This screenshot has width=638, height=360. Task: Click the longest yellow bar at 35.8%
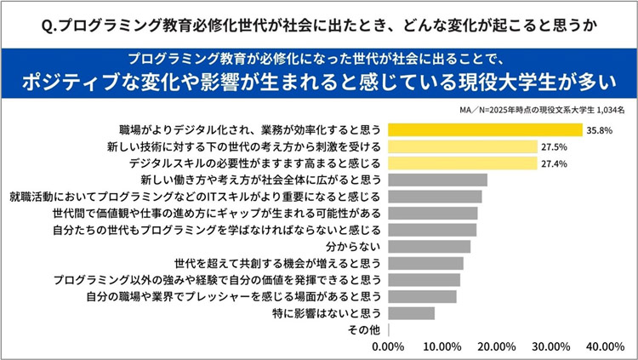485,130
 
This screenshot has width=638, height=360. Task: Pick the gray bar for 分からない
429,247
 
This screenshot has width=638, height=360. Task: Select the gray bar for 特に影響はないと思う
411,313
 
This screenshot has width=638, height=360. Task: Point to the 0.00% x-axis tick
390,346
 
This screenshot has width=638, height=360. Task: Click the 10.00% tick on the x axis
442,346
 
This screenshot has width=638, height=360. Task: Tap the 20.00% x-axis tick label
497,346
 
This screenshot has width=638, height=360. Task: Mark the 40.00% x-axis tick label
606,346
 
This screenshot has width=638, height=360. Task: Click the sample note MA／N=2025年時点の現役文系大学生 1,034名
541,109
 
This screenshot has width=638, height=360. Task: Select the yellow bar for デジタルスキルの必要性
463,163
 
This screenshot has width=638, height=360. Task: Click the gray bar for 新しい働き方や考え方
438,180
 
